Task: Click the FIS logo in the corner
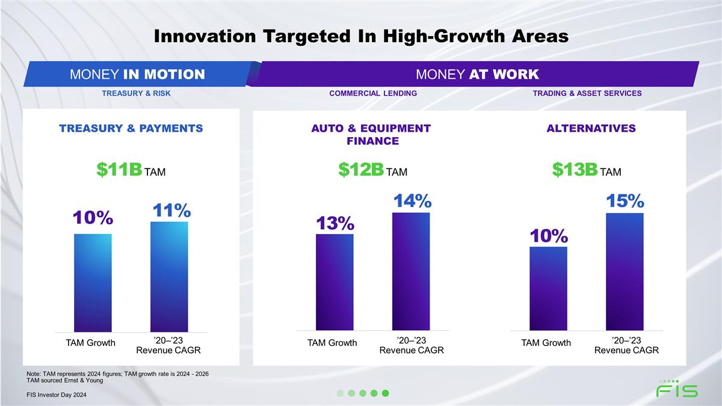(x=677, y=389)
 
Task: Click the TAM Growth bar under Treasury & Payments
(x=93, y=282)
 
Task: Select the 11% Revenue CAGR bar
(x=169, y=276)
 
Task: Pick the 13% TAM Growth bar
(x=335, y=282)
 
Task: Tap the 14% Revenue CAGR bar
(x=411, y=271)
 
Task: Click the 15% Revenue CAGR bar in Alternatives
(x=625, y=271)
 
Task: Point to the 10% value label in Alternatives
(x=549, y=236)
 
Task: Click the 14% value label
(x=413, y=201)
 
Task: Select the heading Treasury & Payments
(x=131, y=128)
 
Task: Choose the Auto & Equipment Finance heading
(x=372, y=135)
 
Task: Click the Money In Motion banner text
(x=137, y=75)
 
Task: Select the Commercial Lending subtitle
(x=373, y=93)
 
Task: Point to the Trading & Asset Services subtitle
(x=587, y=93)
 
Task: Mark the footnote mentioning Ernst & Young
(x=65, y=380)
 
